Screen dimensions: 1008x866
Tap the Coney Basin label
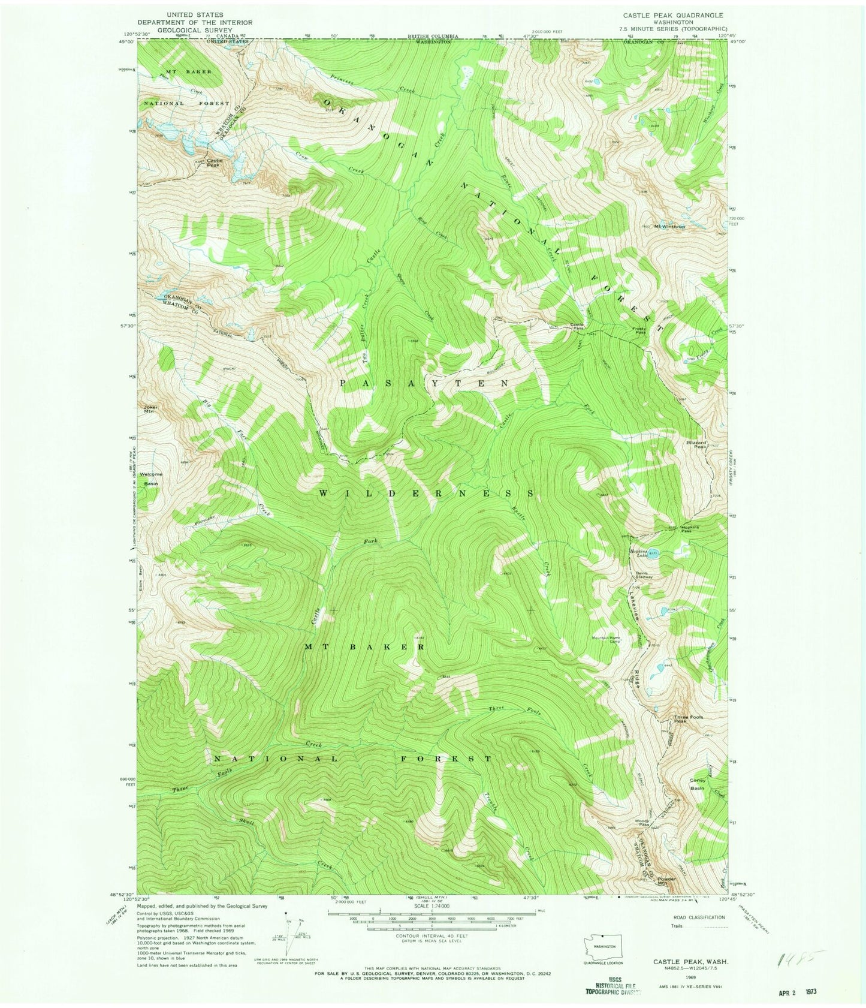tap(698, 783)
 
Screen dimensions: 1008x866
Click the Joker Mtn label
tap(150, 409)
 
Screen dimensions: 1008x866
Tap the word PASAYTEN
tap(424, 383)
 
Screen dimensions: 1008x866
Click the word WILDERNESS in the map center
tap(426, 493)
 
